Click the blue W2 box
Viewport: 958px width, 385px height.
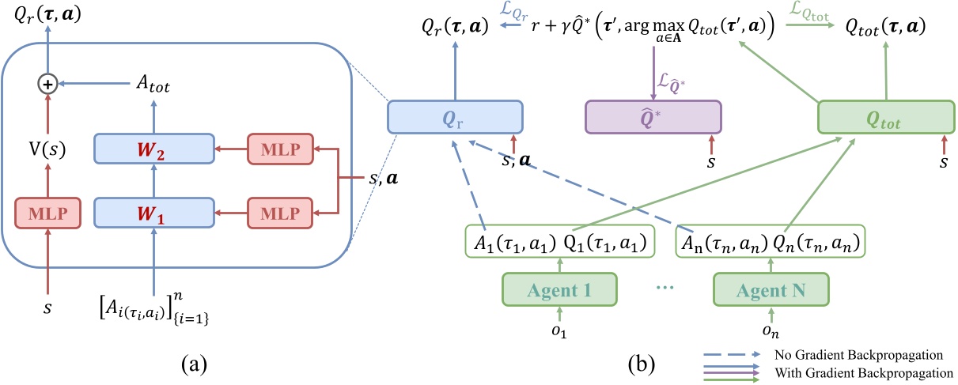(x=154, y=148)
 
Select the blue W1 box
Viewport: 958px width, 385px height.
(x=154, y=213)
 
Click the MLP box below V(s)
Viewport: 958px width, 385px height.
(x=47, y=213)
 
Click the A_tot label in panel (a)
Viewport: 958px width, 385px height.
(x=150, y=81)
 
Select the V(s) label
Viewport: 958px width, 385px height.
(x=47, y=146)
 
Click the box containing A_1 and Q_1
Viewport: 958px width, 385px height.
(x=559, y=243)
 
